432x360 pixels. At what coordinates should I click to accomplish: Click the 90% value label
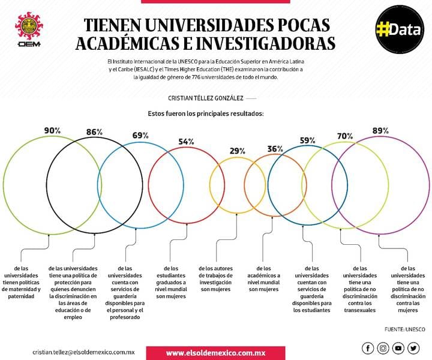point(52,130)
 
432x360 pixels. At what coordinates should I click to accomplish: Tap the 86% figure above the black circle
point(95,132)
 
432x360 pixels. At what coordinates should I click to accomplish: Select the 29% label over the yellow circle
point(238,151)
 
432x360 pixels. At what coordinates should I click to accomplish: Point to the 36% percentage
point(275,149)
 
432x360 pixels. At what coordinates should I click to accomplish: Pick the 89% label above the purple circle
point(380,131)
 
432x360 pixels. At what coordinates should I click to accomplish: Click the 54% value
point(186,142)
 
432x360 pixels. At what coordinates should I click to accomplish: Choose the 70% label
point(345,136)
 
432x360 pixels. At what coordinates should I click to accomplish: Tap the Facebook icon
point(368,348)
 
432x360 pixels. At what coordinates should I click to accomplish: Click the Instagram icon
point(383,348)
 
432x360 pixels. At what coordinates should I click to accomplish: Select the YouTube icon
point(398,348)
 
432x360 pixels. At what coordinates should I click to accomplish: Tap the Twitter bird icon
point(413,348)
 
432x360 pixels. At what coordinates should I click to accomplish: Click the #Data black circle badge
point(400,29)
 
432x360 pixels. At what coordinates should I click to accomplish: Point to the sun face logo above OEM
point(29,25)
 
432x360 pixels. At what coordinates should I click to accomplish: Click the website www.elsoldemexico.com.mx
point(216,353)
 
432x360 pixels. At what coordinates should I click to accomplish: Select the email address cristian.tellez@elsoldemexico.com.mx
point(83,352)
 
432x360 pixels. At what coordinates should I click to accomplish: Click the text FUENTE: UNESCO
point(405,329)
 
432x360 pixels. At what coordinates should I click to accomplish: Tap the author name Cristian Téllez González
point(206,98)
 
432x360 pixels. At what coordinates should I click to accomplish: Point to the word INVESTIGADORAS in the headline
point(266,43)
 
